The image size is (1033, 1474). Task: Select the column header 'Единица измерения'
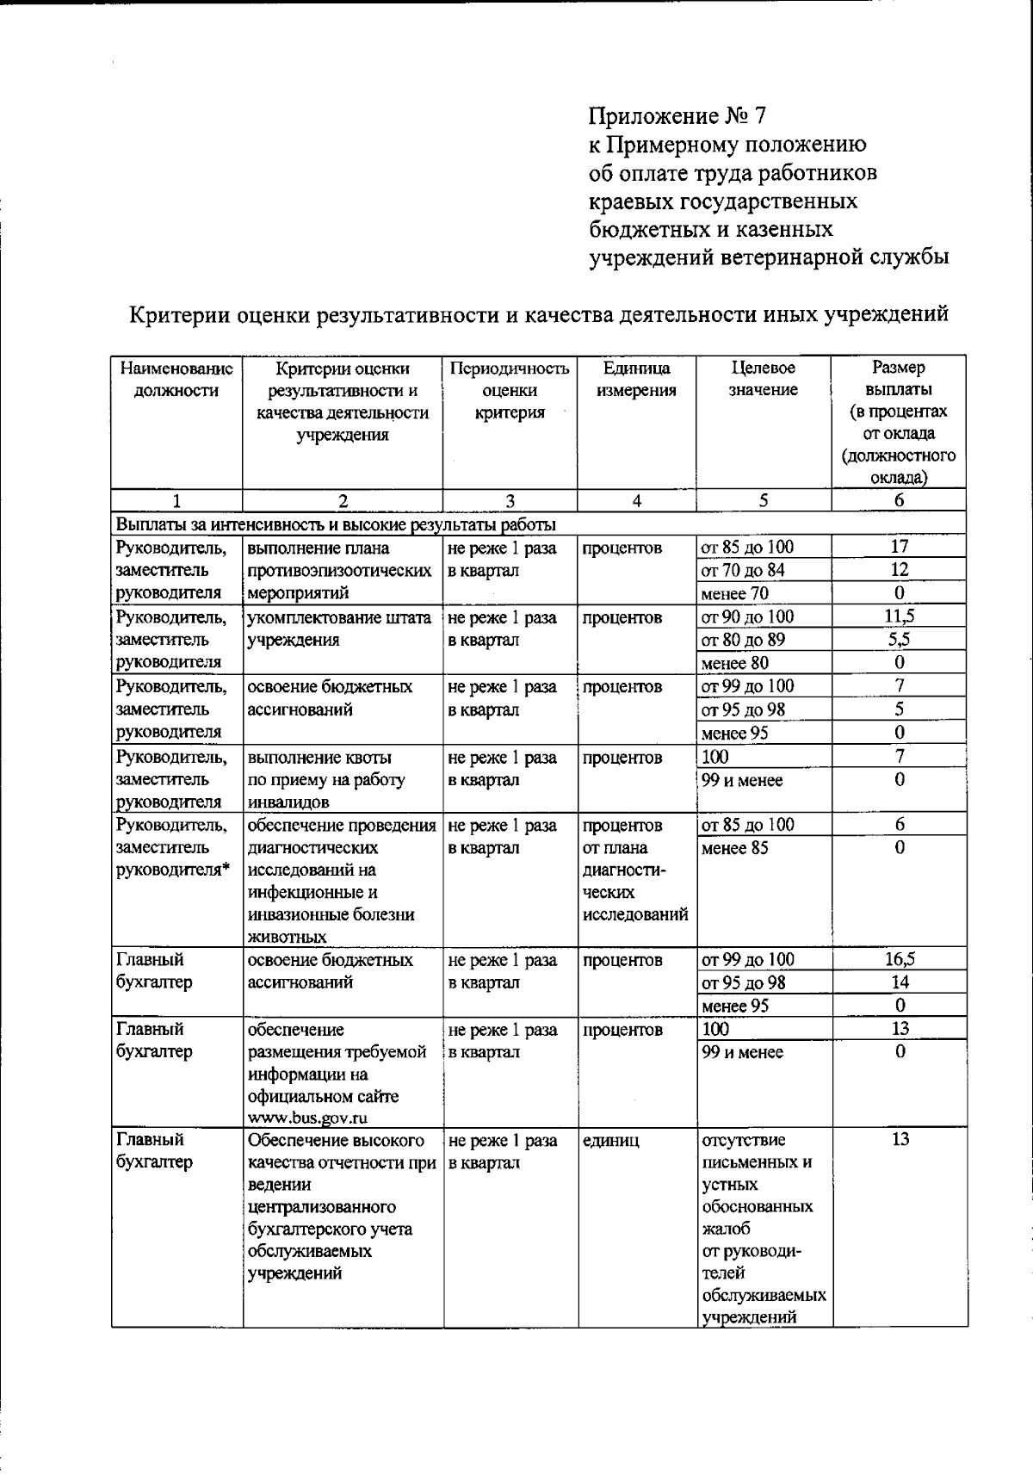coord(636,379)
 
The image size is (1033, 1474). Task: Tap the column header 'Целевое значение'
coord(764,379)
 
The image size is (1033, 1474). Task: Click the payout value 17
coord(899,547)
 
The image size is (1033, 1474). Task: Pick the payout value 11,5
coord(899,616)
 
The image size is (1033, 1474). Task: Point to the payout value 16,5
coord(899,959)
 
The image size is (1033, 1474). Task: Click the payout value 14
coord(899,982)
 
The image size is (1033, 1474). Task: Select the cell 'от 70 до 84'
coord(743,570)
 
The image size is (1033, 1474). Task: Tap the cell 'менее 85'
coord(734,848)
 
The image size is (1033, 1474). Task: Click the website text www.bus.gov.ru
coord(308,1118)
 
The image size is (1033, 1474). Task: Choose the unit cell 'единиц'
coord(611,1140)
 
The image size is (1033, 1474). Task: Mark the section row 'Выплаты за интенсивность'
coord(336,524)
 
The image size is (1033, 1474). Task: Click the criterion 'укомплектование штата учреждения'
coord(339,629)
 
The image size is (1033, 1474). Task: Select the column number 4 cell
coord(636,501)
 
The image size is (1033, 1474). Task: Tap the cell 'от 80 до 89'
coord(743,640)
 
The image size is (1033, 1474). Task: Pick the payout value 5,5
coord(899,640)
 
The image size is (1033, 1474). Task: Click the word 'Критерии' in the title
coord(177,314)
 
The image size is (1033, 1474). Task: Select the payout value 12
coord(899,570)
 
